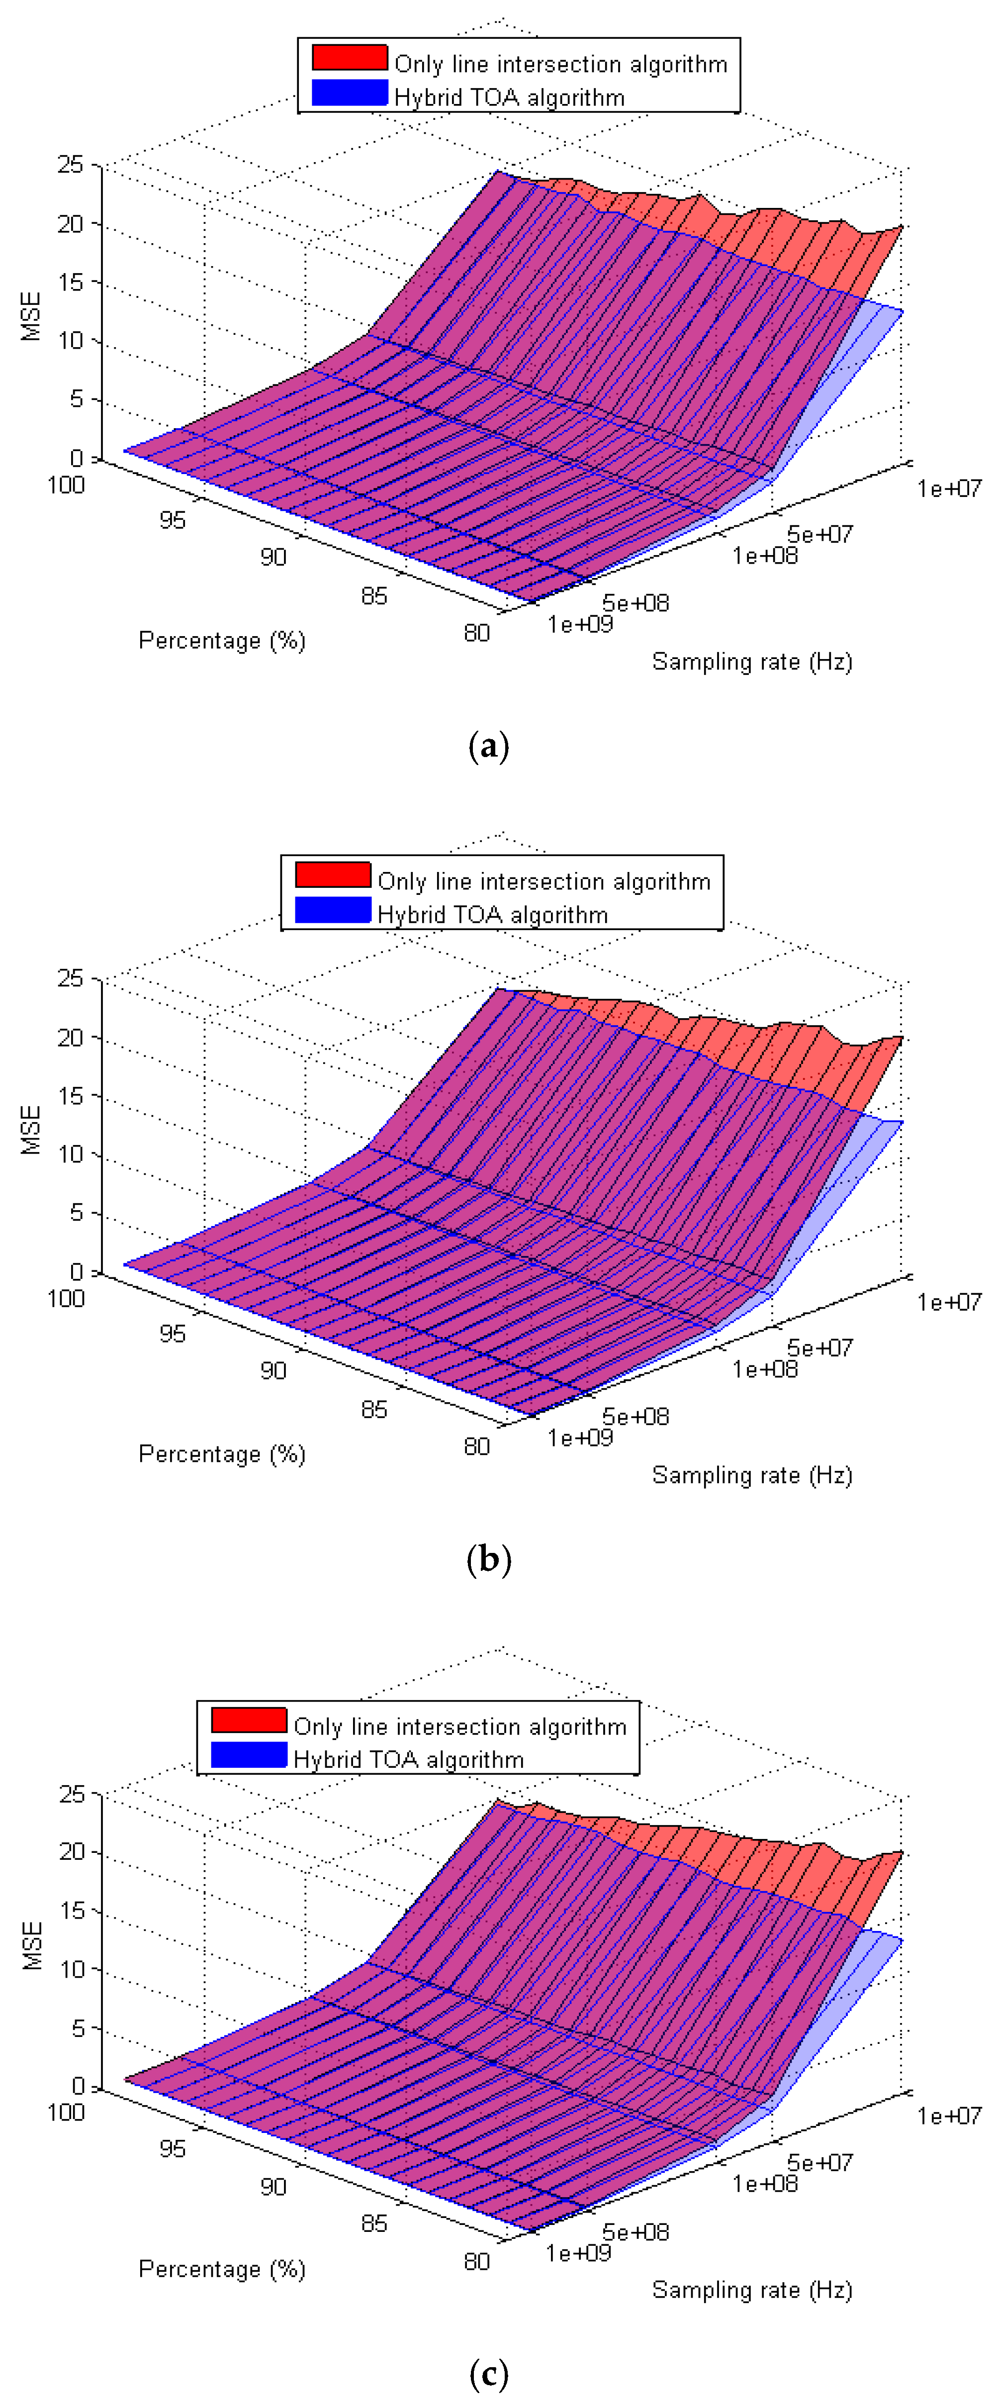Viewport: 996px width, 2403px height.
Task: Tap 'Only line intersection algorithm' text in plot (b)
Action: click(543, 881)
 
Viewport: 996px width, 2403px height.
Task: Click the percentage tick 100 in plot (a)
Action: click(66, 485)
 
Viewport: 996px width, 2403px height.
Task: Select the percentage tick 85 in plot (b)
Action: click(374, 1410)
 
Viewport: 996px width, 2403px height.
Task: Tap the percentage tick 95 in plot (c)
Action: click(173, 2148)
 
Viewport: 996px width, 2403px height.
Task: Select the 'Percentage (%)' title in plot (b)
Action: click(222, 1454)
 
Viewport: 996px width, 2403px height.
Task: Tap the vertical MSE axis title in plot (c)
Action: click(33, 1945)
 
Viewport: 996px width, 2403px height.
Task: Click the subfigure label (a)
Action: click(489, 746)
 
